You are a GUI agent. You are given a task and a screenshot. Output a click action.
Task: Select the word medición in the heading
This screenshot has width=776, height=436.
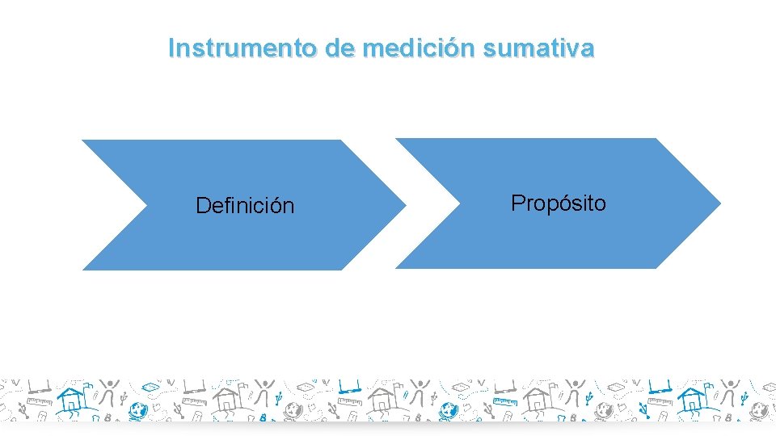pos(419,48)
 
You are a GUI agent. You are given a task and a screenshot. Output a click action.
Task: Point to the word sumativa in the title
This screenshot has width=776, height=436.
pos(538,48)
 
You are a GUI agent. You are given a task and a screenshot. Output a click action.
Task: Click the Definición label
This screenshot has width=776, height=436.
pos(245,207)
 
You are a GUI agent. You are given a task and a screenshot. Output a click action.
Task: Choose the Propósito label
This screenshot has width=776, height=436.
pos(558,203)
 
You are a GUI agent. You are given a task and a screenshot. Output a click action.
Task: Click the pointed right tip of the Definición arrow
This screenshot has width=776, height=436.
pos(404,204)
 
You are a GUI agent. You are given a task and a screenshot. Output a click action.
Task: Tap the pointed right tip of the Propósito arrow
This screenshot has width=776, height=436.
pos(719,203)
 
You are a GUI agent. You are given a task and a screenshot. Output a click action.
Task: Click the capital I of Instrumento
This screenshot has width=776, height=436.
pos(171,48)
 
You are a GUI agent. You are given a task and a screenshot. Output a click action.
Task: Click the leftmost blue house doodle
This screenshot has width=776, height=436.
pos(73,399)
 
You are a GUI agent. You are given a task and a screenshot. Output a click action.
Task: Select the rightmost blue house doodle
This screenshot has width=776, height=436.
pos(693,399)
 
